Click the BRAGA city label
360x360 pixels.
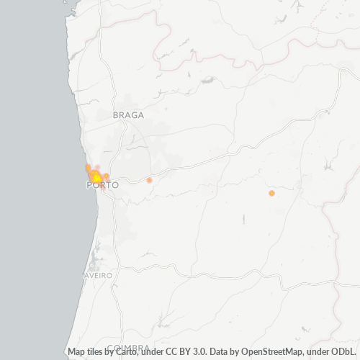coord(129,115)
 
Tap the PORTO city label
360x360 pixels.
coord(102,185)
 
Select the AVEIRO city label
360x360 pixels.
coord(99,276)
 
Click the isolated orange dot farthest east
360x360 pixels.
coord(271,193)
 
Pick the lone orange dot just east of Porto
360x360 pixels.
coord(149,180)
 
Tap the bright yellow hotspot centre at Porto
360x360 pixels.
coord(95,177)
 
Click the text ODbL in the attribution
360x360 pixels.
coord(346,352)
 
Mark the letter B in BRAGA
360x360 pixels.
coord(116,115)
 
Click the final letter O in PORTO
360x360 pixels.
coord(115,185)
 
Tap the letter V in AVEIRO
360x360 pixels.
coord(91,276)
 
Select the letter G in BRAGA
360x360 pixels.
coord(135,115)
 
